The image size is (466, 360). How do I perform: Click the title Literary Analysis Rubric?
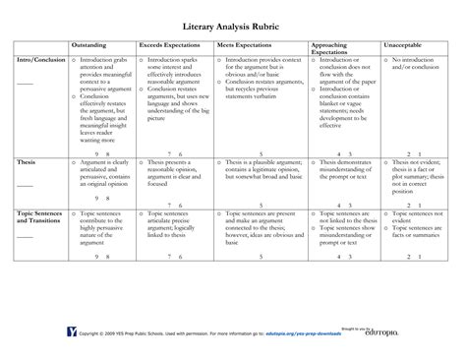tap(233, 23)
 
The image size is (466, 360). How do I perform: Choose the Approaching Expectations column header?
tap(334, 48)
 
